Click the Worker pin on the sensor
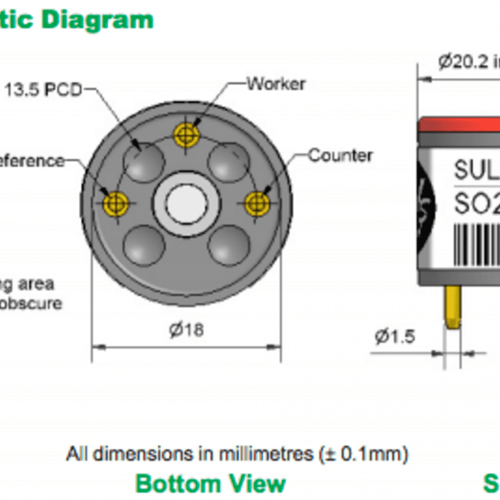pos(186,134)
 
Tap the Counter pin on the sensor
pos(257,203)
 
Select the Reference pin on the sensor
pos(116,203)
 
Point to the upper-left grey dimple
pos(143,161)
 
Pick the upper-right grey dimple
pos(228,161)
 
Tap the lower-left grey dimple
pos(143,245)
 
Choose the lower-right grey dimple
pos(228,245)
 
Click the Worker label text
pos(276,84)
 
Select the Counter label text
pos(340,155)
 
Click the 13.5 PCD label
pos(43,89)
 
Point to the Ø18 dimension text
pos(186,330)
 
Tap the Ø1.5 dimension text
pos(394,336)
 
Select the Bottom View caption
pos(211,483)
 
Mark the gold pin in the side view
pos(452,307)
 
